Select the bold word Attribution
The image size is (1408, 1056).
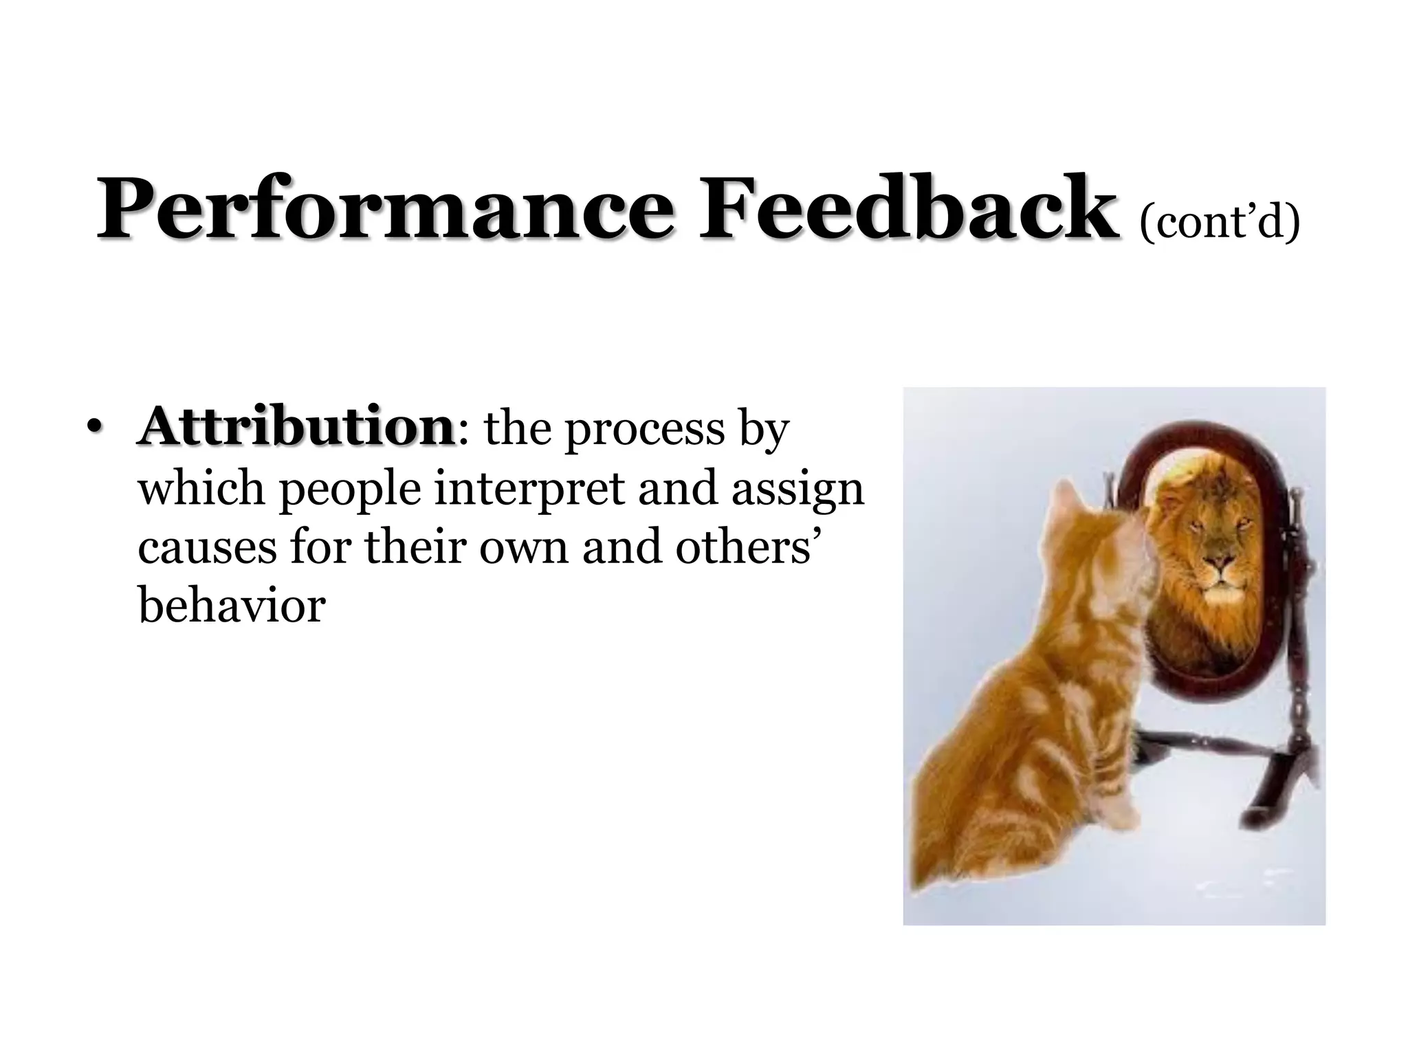[x=296, y=427]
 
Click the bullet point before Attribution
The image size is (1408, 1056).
[x=96, y=429]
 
